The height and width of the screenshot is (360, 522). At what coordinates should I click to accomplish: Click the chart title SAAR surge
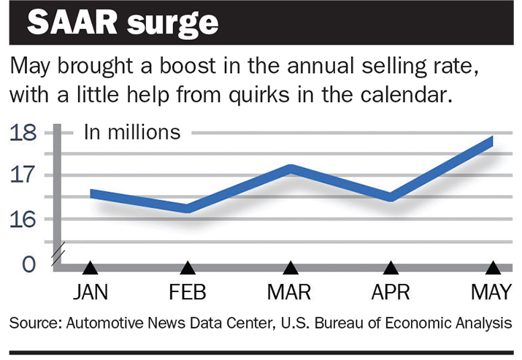pos(123,23)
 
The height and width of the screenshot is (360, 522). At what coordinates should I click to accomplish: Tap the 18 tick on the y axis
pos(26,134)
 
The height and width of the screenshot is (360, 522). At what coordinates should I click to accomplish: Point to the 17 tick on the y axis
pos(26,176)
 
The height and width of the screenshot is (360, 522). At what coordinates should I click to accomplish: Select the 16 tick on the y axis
pos(26,219)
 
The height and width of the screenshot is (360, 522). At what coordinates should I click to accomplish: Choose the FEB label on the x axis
pos(188,293)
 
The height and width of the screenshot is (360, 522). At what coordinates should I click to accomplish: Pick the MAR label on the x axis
pos(290,293)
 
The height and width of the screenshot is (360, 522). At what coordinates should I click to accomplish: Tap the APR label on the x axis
pos(391,293)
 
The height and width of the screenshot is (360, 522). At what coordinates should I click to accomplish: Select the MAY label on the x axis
pos(492,293)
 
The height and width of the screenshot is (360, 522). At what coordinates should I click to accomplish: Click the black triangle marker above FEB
pos(188,268)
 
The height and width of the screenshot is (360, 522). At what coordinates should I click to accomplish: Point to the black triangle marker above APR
pos(391,268)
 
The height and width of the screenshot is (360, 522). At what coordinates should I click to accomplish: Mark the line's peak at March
pos(291,169)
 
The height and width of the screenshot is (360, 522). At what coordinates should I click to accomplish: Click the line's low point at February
pos(188,208)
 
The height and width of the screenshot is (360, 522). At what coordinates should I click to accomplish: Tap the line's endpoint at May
pos(491,141)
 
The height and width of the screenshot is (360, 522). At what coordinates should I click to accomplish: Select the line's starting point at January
pos(92,194)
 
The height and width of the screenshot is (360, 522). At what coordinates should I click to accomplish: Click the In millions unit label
pos(131,132)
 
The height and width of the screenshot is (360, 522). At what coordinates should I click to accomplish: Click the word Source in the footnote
pos(34,322)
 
